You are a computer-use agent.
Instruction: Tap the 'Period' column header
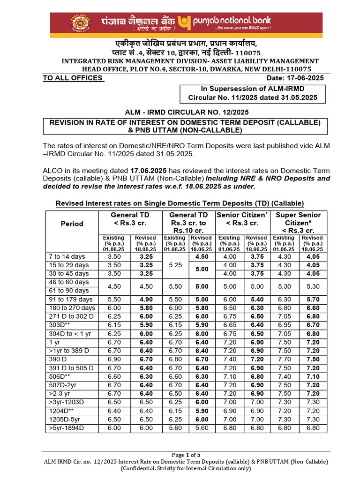coord(72,224)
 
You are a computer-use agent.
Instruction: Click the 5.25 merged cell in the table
coord(175,265)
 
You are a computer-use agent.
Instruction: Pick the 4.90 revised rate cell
coord(146,300)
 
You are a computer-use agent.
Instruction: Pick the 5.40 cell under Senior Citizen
coord(256,300)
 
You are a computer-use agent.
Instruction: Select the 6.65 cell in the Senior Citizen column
coord(229,325)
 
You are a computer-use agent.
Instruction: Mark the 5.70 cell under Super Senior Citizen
coord(313,300)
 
